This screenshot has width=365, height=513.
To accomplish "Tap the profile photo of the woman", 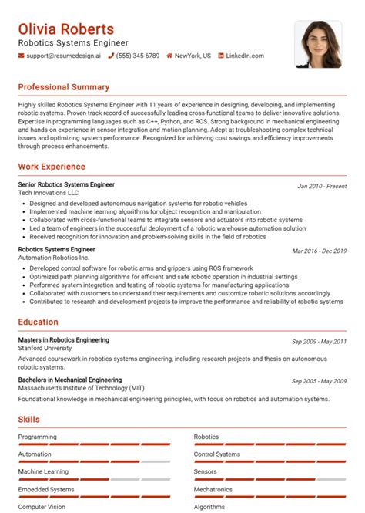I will point(318,45).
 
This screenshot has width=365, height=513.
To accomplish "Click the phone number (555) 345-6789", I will point(139,56).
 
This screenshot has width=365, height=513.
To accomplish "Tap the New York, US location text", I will point(193,56).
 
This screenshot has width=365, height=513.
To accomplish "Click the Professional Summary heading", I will point(64,87).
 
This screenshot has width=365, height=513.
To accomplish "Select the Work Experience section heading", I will point(52,167).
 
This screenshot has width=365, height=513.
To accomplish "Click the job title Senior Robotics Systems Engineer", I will point(66,185).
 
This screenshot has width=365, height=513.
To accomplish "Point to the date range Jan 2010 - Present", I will point(321,186).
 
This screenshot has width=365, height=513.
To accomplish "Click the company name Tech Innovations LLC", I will point(49,194).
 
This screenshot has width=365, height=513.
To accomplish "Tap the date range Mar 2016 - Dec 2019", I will point(319,251).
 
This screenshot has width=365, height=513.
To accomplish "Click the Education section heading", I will point(41,322).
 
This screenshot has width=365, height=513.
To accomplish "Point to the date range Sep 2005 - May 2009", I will point(319,381).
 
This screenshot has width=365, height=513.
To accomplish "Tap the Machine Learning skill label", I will point(43,471).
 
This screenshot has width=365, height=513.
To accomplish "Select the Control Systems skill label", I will point(217,454).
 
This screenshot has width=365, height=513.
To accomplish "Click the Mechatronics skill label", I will point(213,489).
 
